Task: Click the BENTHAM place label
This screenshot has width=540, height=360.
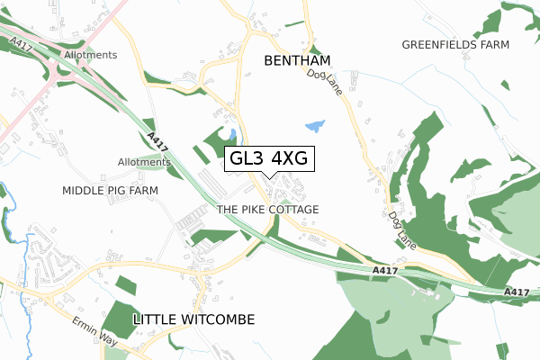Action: (297, 60)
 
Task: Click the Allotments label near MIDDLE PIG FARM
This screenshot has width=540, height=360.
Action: (144, 162)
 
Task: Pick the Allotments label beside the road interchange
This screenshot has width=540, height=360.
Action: (90, 55)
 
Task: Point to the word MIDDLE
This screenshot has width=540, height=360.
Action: (83, 191)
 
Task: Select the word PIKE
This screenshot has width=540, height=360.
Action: (256, 209)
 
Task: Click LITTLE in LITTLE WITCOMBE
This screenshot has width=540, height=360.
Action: (156, 319)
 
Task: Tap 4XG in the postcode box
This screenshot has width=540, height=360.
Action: (289, 159)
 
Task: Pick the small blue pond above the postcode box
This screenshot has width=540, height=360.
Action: (232, 134)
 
